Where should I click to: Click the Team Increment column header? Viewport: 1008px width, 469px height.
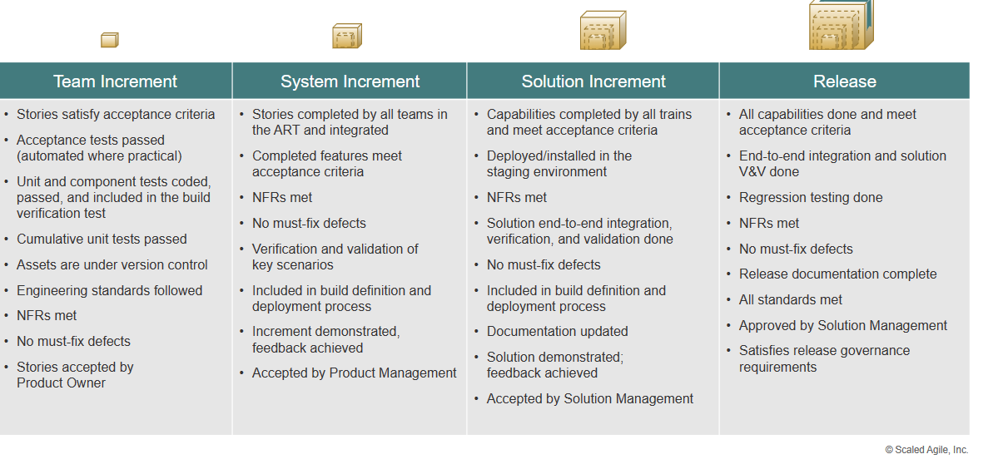tap(115, 81)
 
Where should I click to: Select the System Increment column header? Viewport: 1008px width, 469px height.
tap(350, 81)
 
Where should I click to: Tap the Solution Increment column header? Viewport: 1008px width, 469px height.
tap(593, 81)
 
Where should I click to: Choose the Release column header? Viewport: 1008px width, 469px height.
tap(844, 81)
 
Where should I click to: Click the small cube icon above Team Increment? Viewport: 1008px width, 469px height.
tap(109, 40)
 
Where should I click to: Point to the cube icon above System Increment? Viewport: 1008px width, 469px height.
tap(347, 36)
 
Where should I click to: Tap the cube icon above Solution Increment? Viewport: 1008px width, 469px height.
tap(603, 30)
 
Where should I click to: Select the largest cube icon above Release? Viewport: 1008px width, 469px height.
tap(841, 25)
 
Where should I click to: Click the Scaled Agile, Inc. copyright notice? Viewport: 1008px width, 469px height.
tap(926, 450)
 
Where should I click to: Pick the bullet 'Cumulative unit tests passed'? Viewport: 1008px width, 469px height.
tap(102, 239)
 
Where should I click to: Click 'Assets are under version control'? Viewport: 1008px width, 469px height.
tap(112, 265)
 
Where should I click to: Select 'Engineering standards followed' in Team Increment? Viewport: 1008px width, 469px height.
tap(109, 290)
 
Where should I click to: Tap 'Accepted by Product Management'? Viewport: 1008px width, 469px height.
tap(354, 373)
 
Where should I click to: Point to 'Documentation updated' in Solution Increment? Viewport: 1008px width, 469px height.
tap(557, 332)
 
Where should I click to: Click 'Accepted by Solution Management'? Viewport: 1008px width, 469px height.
tap(590, 399)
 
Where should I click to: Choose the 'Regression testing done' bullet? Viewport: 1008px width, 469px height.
tap(811, 197)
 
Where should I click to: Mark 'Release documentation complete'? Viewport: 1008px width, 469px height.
tap(837, 274)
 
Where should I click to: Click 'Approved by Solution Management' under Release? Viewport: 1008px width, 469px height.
tap(843, 326)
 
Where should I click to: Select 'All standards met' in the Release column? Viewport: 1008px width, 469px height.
tap(790, 299)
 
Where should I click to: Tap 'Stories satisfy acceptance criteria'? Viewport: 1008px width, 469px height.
tap(116, 114)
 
